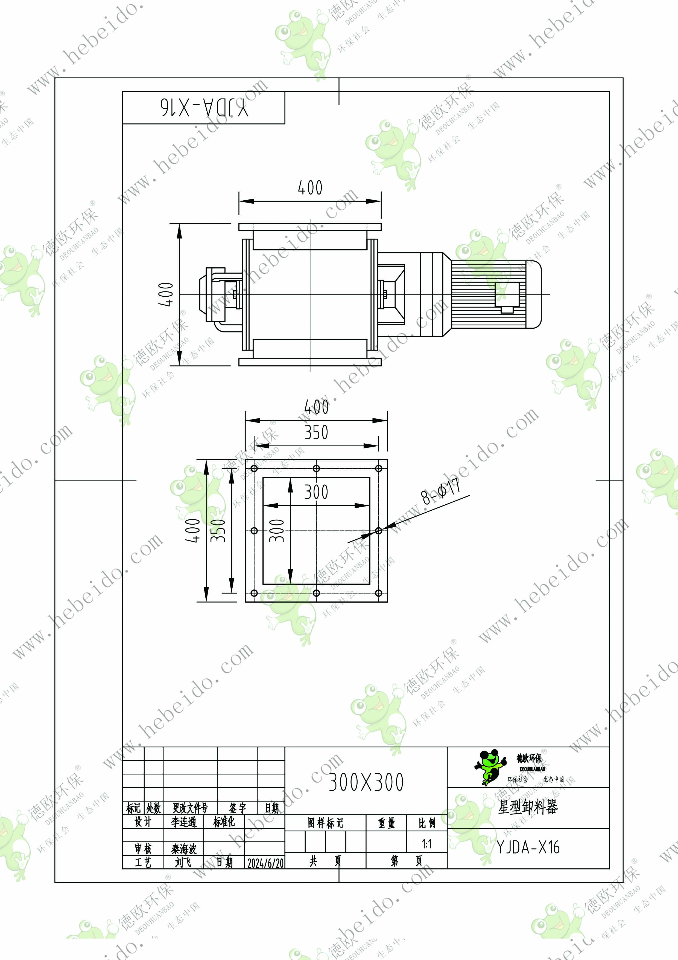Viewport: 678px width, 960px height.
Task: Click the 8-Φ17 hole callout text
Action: [x=441, y=491]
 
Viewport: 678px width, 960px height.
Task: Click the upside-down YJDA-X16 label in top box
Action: [x=204, y=108]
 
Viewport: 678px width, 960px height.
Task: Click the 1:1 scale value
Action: [x=426, y=844]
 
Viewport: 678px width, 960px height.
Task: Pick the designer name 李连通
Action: [x=184, y=822]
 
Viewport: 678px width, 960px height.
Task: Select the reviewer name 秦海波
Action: [x=184, y=849]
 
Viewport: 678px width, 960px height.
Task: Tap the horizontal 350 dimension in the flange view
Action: [x=316, y=432]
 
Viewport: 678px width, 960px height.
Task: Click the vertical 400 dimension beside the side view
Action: [x=166, y=294]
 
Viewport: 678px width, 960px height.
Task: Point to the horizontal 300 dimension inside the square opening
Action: [x=316, y=492]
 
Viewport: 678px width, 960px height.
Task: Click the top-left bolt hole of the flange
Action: [x=254, y=468]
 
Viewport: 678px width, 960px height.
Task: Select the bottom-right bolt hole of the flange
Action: [x=378, y=593]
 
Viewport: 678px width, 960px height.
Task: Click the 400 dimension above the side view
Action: [x=310, y=188]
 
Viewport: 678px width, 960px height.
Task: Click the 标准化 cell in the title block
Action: [x=224, y=822]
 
